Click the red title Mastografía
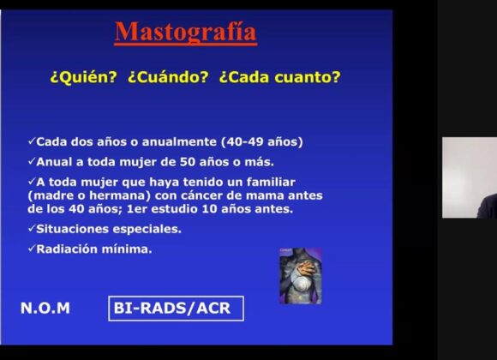[185, 33]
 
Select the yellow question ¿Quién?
[84, 77]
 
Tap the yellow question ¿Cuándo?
[168, 77]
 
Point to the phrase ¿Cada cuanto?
[280, 77]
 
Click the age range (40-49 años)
[262, 141]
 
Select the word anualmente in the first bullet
[179, 141]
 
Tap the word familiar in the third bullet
[271, 182]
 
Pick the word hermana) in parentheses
[120, 195]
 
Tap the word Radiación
[67, 249]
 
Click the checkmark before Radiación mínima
[32, 249]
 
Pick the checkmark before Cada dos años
[32, 141]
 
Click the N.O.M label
[45, 309]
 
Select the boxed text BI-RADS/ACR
[176, 309]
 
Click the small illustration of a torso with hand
[301, 276]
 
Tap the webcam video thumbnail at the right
[470, 177]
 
